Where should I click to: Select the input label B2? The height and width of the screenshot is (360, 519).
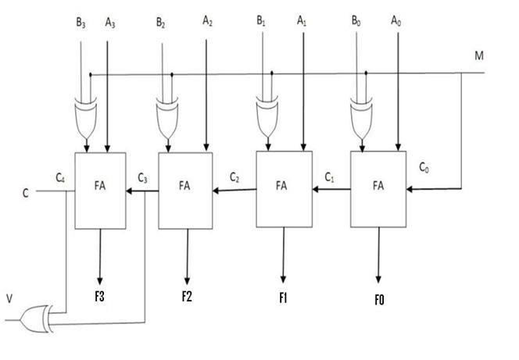[x=161, y=23]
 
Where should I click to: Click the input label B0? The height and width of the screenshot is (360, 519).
[x=359, y=21]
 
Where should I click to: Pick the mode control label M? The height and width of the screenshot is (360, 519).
[x=479, y=56]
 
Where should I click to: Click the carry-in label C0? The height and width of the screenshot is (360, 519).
[x=424, y=167]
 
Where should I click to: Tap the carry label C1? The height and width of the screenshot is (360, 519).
[x=330, y=177]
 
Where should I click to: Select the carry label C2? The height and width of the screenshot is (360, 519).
[x=234, y=177]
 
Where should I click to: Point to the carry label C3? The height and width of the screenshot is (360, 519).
[x=143, y=177]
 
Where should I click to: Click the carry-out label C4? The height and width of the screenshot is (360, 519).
[x=59, y=177]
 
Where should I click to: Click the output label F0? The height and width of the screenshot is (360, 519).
[x=379, y=299]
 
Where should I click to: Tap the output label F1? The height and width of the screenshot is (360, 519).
[x=284, y=298]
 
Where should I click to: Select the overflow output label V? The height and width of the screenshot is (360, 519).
[x=9, y=298]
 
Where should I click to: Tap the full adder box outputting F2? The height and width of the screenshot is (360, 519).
[x=185, y=190]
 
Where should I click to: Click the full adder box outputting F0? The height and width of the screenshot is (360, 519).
[x=378, y=190]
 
